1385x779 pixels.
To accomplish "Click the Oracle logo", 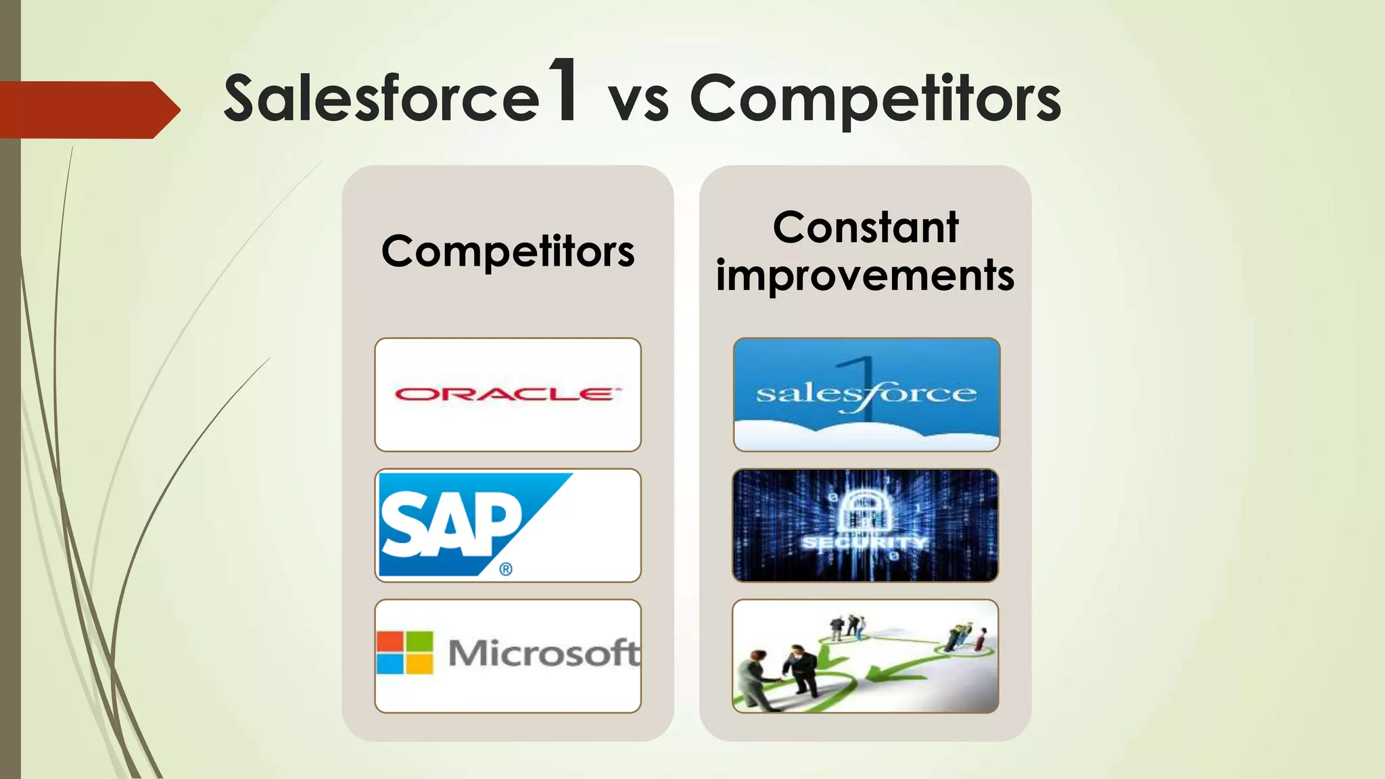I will (505, 394).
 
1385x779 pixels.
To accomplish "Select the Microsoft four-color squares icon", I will (404, 653).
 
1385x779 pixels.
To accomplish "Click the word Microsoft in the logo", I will (543, 653).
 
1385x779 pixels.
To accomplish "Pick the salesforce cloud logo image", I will (866, 394).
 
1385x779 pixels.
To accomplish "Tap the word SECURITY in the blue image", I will (865, 544).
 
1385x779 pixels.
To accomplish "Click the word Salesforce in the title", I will (381, 99).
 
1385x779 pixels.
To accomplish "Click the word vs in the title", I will (638, 103).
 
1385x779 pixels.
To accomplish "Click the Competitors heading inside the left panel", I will (508, 252).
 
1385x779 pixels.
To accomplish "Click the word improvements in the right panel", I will (865, 275).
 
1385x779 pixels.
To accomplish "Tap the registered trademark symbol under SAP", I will (506, 569).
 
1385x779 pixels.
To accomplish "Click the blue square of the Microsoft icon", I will (390, 665).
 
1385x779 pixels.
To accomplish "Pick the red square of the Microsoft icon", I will (390, 640).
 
